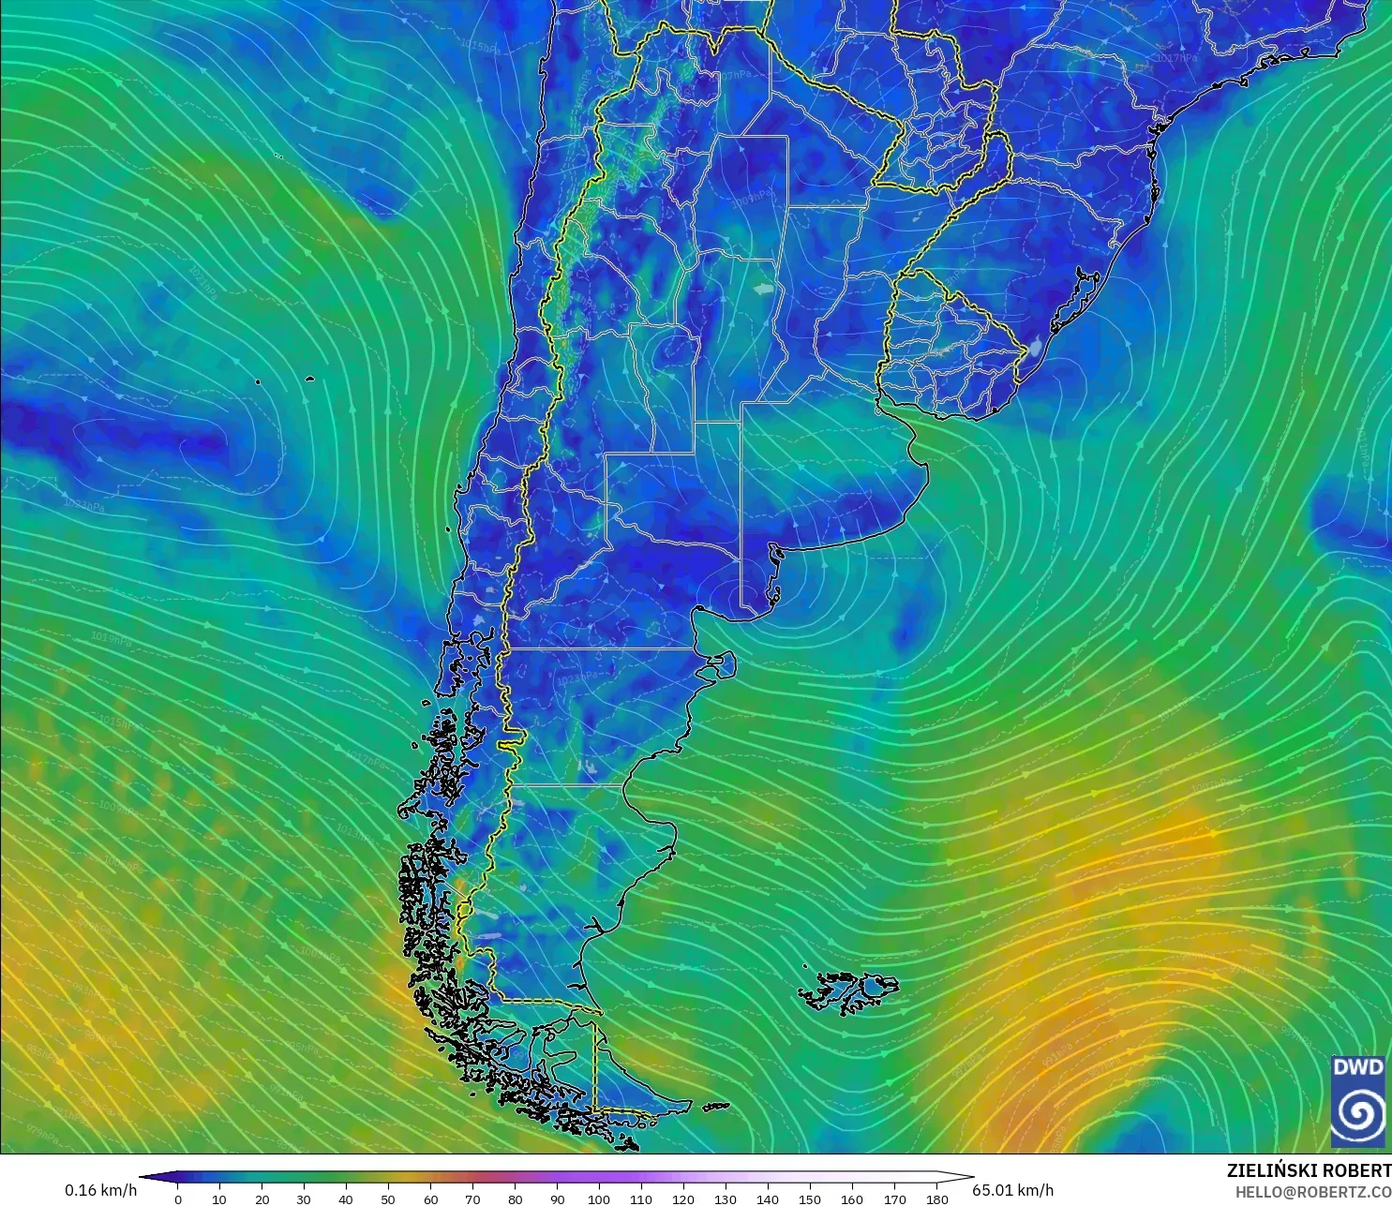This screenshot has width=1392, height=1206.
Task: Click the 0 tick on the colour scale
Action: [178, 1199]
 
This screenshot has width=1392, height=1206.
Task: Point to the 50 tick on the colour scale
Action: [388, 1199]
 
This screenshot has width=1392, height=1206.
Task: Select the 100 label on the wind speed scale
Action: [599, 1199]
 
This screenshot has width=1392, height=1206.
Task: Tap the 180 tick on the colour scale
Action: [936, 1199]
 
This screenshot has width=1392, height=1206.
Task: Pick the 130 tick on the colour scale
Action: [726, 1199]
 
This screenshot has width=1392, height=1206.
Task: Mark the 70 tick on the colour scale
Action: [472, 1199]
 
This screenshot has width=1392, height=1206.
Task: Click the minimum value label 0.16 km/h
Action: [100, 1190]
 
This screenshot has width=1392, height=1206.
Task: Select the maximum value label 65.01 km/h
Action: [1012, 1190]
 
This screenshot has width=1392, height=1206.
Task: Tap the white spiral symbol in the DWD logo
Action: [1358, 1113]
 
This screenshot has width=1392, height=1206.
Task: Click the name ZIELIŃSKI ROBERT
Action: [1309, 1170]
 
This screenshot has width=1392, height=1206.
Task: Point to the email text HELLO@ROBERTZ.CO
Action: [1312, 1192]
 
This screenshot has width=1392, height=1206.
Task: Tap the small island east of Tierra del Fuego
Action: [715, 1107]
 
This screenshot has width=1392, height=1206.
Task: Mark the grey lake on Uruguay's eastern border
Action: [1034, 349]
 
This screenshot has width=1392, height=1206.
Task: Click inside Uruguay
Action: [947, 347]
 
